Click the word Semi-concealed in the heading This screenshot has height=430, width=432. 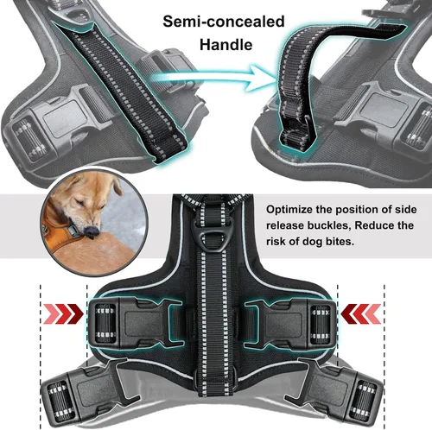point(224,22)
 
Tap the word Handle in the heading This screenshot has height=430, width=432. point(226,45)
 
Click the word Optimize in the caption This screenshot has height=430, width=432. point(289,210)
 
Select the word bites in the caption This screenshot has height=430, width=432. point(339,241)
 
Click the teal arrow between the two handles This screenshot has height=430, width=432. point(210,79)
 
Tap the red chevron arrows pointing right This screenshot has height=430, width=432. point(63,313)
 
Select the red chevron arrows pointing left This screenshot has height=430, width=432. point(361,313)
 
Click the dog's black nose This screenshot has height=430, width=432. point(92,231)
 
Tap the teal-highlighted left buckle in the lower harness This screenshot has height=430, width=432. point(136,322)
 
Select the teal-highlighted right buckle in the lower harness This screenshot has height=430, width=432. point(290,322)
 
